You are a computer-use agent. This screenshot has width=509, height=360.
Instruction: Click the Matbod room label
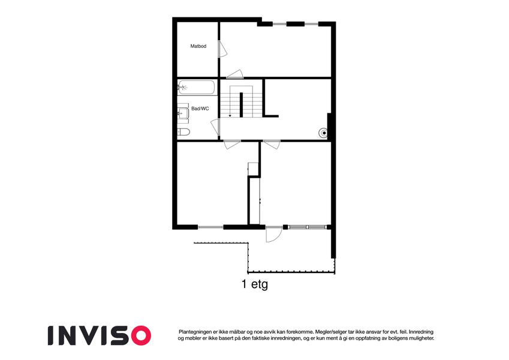pos(198,46)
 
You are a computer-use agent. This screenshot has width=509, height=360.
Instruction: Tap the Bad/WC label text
pos(200,109)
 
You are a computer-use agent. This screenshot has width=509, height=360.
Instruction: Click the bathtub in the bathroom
pos(196,88)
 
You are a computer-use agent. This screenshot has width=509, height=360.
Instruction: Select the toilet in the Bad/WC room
pos(183,132)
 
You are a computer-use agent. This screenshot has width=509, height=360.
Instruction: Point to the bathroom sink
pos(183,113)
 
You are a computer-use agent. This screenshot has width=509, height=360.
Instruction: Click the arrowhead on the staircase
pos(230,115)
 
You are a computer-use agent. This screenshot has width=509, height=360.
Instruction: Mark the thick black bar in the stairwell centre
pos(241,104)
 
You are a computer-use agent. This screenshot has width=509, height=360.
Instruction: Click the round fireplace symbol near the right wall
pos(324,133)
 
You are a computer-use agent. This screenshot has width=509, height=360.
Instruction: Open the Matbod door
pos(222,49)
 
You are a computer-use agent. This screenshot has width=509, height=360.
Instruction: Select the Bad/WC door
pos(216,127)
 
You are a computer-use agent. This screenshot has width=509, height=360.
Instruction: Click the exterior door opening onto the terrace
pos(273,234)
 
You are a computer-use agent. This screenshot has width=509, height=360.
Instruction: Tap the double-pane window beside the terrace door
pos(307,227)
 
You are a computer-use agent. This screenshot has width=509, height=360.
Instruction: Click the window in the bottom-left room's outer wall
pos(210,227)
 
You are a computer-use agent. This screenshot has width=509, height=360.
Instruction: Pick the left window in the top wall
pos(279,24)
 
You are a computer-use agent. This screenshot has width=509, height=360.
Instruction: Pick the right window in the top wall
pos(311,24)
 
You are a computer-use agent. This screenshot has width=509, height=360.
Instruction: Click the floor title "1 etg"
pos(255,284)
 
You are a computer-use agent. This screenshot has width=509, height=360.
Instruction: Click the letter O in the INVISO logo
pos(139,335)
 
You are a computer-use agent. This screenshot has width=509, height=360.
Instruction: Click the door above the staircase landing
pos(234,74)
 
